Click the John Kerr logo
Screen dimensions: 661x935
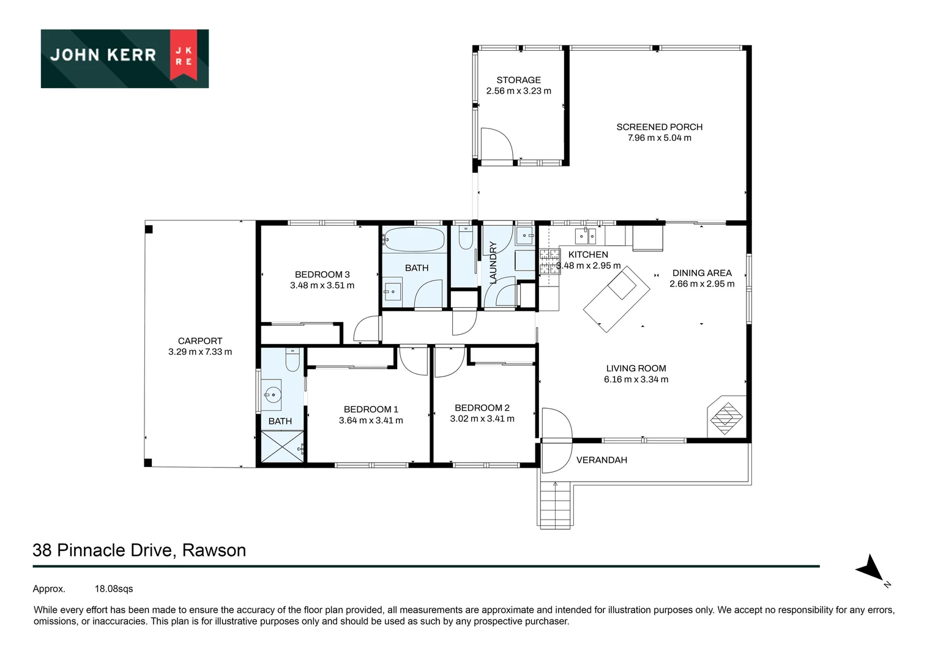[124, 59]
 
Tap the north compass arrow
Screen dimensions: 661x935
[870, 569]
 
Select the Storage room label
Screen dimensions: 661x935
[518, 80]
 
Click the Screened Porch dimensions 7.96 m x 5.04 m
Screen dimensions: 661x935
[659, 138]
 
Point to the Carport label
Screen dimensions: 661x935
[200, 341]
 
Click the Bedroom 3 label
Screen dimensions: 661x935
[322, 274]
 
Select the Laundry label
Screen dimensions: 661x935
[493, 262]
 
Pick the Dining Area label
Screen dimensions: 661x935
[701, 273]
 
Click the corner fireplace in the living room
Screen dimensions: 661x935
[726, 417]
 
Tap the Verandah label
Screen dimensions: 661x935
[602, 460]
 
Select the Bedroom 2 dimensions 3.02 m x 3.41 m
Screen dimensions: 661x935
[482, 419]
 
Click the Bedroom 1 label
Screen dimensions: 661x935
[371, 409]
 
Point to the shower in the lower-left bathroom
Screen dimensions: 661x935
[282, 447]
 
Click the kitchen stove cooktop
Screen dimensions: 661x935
[549, 261]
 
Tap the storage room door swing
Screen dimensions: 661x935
[496, 144]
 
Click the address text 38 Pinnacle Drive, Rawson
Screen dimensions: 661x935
[140, 550]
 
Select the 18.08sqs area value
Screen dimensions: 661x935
[114, 589]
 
